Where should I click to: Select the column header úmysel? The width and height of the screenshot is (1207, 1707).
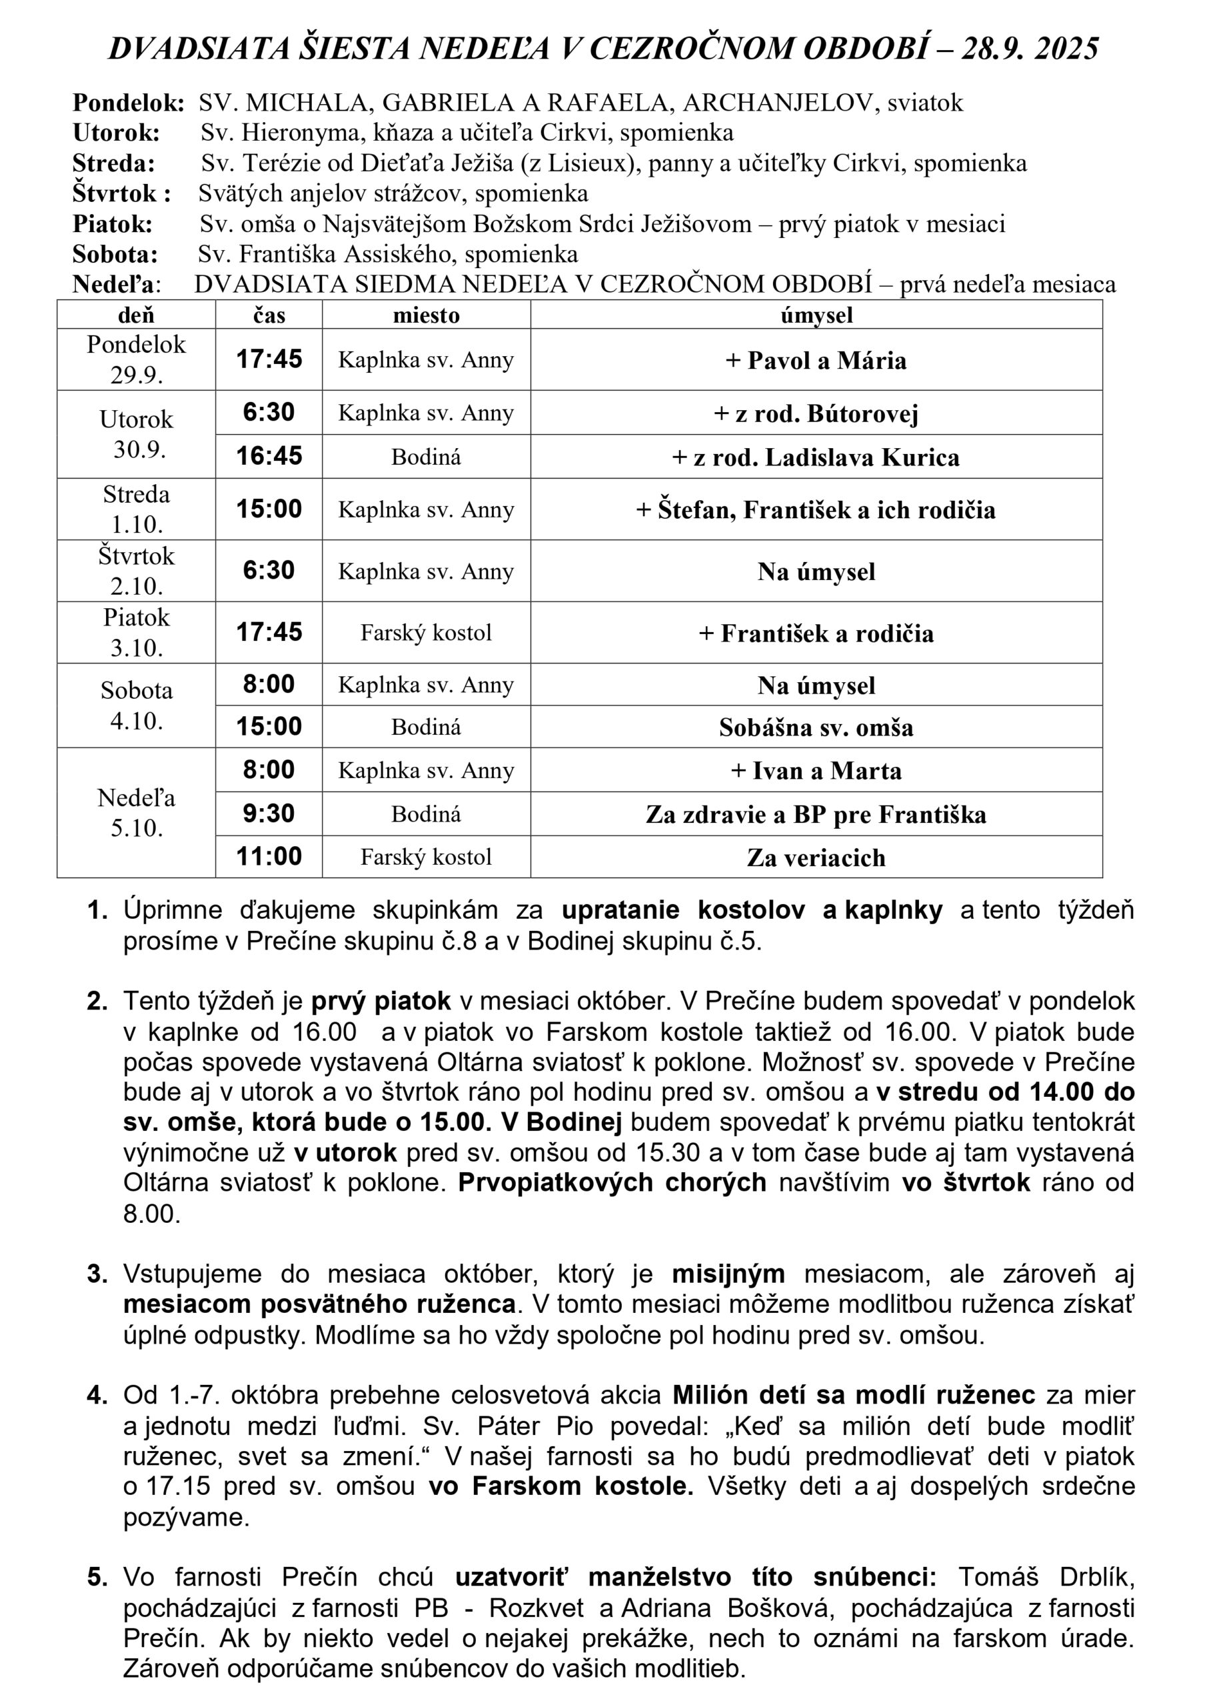point(816,315)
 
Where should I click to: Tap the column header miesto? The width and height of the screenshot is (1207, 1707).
point(426,315)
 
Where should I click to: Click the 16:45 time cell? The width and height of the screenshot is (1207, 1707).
point(269,455)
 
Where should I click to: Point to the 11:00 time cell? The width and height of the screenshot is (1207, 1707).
point(269,856)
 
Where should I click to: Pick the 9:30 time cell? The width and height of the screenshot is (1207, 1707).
point(269,813)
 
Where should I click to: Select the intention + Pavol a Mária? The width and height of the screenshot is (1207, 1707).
point(816,361)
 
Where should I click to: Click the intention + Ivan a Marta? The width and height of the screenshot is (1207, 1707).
point(816,770)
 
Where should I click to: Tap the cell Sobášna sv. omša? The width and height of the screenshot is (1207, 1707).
point(816,727)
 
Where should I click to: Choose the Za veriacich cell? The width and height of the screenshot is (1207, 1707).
point(816,858)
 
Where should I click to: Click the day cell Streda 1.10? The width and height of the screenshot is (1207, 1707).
point(136,509)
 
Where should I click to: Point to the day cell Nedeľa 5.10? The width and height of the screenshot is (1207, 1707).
point(136,813)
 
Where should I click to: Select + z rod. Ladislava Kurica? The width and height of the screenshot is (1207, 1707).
point(816,457)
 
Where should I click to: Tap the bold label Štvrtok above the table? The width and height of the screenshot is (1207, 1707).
point(116,194)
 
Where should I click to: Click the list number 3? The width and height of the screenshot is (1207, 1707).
point(97,1274)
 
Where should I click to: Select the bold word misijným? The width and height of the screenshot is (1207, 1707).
point(728,1274)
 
